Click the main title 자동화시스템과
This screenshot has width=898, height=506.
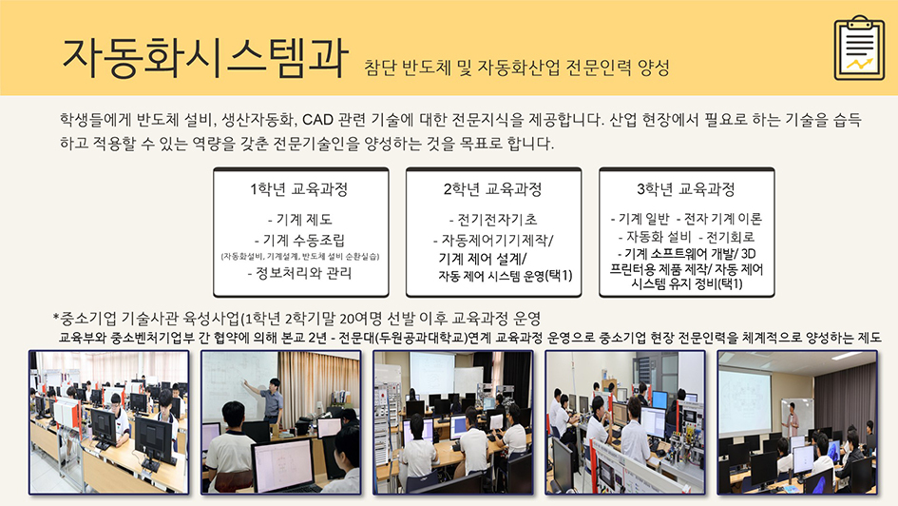pos(204,58)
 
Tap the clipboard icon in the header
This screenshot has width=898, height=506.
pos(859,48)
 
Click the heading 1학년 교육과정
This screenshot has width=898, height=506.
pos(299,189)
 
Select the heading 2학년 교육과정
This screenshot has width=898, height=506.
pos(492,189)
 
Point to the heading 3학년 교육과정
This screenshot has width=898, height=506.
pos(685,189)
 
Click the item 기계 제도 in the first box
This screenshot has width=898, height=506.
pos(300,220)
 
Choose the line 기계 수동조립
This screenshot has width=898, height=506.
pos(299,240)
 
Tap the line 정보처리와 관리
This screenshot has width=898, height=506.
pos(299,273)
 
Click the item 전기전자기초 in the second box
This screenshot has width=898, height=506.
pos(493,220)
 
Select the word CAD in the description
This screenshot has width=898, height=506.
pos(317,120)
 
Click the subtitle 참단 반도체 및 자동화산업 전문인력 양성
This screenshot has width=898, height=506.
pos(517,68)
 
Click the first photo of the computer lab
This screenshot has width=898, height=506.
pos(109,422)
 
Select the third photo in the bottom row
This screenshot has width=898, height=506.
pos(453,422)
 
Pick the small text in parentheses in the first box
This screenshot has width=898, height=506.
pos(300,257)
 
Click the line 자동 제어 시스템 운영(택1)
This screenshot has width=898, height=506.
pos(506,276)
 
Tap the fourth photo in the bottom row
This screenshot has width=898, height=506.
pos(625,422)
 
